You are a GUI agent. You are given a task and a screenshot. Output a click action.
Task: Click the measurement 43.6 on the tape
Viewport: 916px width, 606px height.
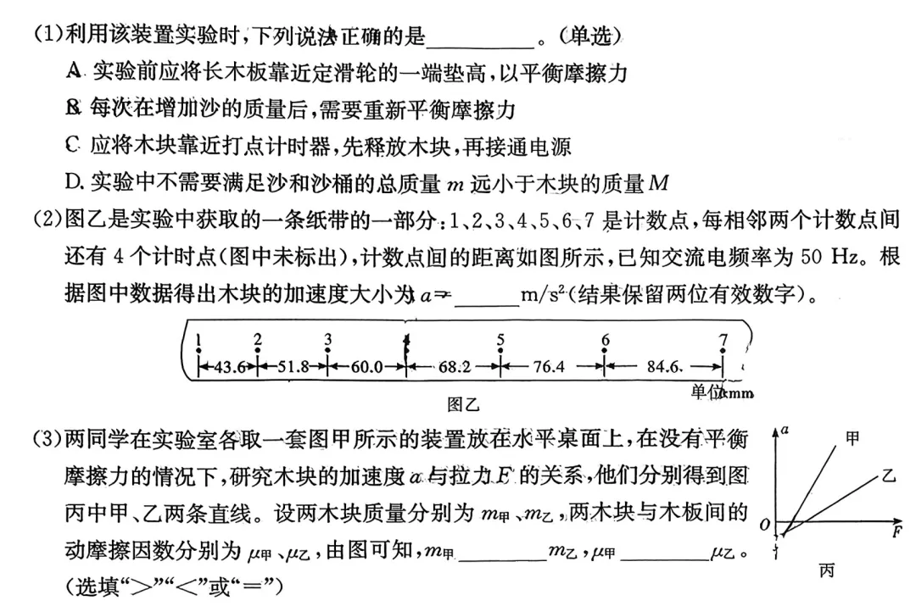pos(228,367)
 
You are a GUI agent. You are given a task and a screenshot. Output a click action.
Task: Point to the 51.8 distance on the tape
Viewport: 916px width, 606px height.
pos(292,367)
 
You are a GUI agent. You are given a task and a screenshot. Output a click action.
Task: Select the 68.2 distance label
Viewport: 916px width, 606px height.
pos(455,367)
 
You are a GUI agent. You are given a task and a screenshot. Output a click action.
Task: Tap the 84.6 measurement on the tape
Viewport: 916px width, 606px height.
pos(664,367)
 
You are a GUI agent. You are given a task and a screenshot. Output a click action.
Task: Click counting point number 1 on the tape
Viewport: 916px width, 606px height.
pos(198,341)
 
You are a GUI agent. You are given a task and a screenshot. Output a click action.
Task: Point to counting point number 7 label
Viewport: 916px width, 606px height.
pos(723,341)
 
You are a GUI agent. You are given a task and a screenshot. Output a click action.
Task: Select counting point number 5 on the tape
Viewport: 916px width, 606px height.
pos(501,341)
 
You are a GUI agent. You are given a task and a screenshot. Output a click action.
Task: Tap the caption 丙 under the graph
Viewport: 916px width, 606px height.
pos(826,570)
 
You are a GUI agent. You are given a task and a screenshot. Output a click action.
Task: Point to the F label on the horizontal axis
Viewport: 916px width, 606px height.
pos(896,533)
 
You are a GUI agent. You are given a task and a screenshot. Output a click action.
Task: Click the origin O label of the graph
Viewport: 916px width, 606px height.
pos(765,526)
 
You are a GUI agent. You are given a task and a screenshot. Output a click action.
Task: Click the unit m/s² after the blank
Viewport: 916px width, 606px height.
pos(543,293)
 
